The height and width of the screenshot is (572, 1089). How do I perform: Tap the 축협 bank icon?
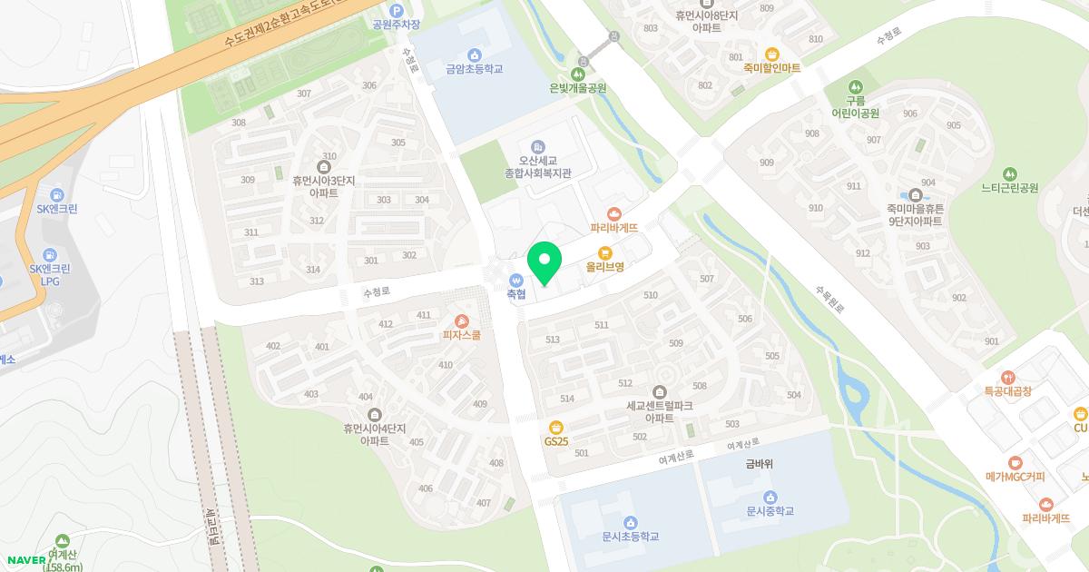(516, 280)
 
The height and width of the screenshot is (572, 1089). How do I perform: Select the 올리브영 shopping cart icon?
(604, 252)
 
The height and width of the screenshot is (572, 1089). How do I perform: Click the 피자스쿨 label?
(461, 335)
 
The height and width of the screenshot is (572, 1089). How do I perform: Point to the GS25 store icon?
(556, 428)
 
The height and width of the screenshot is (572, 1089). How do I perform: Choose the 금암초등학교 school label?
(474, 69)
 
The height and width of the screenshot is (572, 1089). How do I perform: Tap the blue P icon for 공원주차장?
(396, 10)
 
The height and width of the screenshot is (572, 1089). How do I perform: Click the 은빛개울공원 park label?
(578, 88)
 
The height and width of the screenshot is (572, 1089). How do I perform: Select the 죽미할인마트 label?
(771, 67)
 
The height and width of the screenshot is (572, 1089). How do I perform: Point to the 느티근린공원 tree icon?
(1009, 173)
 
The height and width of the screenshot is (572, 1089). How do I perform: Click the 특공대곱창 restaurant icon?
(1007, 377)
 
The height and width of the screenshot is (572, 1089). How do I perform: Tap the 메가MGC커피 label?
(1015, 477)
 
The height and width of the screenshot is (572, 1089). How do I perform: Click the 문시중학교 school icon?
(770, 497)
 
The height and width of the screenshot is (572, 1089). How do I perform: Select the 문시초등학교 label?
(630, 537)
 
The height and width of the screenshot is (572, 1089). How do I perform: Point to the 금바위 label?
(759, 464)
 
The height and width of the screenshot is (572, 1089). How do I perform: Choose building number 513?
(553, 340)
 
